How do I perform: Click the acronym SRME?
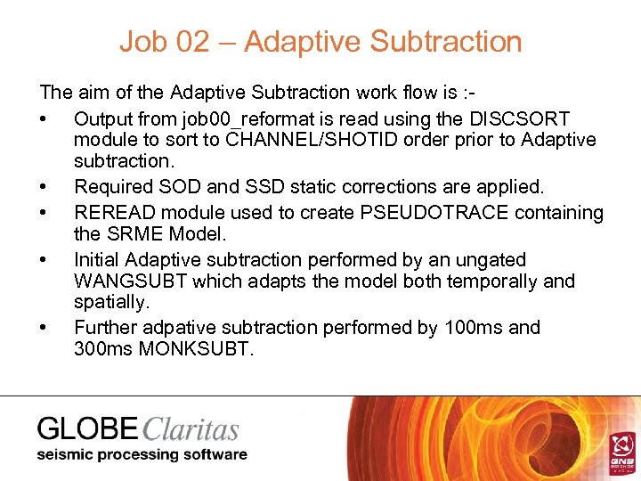click(x=135, y=235)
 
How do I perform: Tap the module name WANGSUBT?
click(x=132, y=281)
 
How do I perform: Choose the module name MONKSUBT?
click(x=194, y=349)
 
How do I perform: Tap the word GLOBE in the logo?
click(x=87, y=429)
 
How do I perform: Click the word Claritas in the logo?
click(x=190, y=429)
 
